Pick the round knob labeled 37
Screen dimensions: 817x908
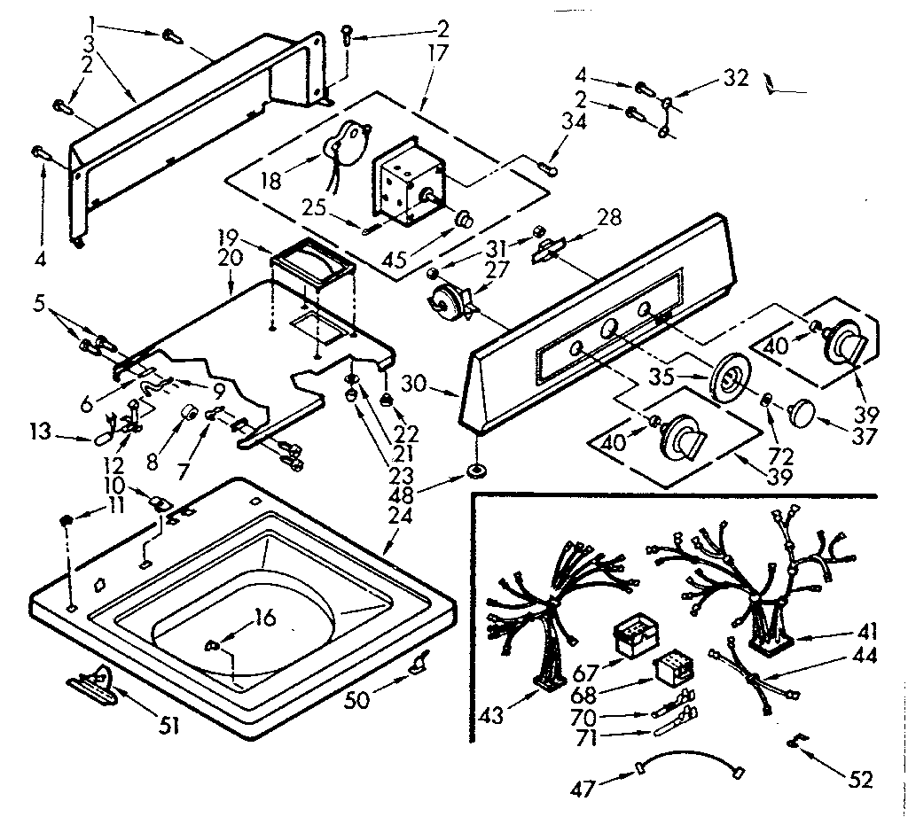801,412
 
